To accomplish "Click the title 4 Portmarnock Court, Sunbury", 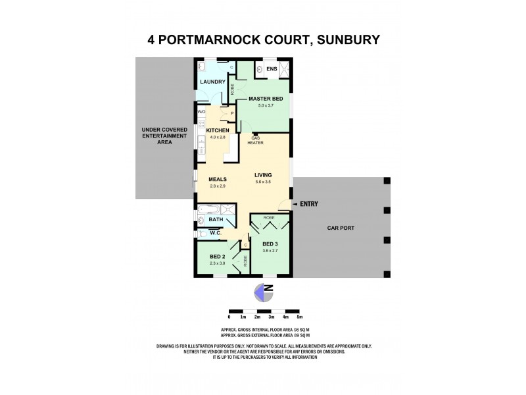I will click(263, 40).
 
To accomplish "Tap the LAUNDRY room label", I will click(213, 82).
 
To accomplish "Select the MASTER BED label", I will click(265, 99).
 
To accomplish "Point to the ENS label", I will click(272, 68).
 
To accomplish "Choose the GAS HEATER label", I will click(255, 140).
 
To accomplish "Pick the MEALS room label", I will click(218, 179).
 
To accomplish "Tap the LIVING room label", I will click(264, 174).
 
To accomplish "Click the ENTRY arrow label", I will click(308, 204).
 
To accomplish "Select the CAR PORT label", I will click(341, 228).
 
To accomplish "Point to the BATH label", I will click(216, 219).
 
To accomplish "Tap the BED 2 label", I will click(218, 257).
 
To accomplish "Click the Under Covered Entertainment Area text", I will click(164, 135).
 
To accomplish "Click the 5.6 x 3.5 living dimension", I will click(264, 182).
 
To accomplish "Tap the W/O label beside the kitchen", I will click(203, 113).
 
